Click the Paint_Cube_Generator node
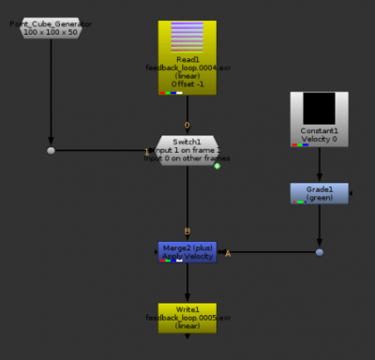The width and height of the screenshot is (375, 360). tap(51, 28)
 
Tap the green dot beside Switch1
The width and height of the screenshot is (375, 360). tap(217, 166)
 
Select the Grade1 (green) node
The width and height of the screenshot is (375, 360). tap(320, 193)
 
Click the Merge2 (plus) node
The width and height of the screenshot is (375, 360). tap(187, 250)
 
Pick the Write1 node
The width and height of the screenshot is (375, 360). tap(187, 317)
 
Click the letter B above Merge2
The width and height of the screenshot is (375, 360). tap(187, 232)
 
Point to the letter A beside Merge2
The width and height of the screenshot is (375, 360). tap(228, 253)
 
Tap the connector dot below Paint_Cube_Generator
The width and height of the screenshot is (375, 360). tap(51, 150)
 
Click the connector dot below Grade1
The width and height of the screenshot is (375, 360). tap(320, 252)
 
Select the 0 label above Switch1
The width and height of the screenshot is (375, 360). tap(187, 125)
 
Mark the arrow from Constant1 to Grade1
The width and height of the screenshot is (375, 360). tap(320, 167)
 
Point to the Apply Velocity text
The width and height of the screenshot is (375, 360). tap(187, 255)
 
